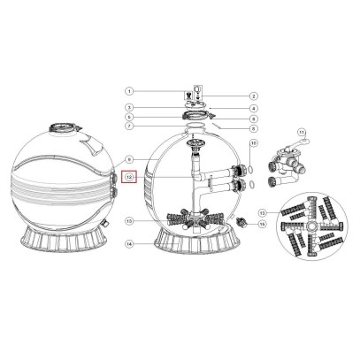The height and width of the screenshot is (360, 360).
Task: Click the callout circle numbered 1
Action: [128, 91]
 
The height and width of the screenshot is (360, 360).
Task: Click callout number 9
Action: [128, 159]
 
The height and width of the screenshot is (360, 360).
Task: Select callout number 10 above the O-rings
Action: [253, 143]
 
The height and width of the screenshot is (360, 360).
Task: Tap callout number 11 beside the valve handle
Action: [303, 134]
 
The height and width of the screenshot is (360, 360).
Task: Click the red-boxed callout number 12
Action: [129, 177]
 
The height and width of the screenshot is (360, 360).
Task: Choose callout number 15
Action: [262, 224]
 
